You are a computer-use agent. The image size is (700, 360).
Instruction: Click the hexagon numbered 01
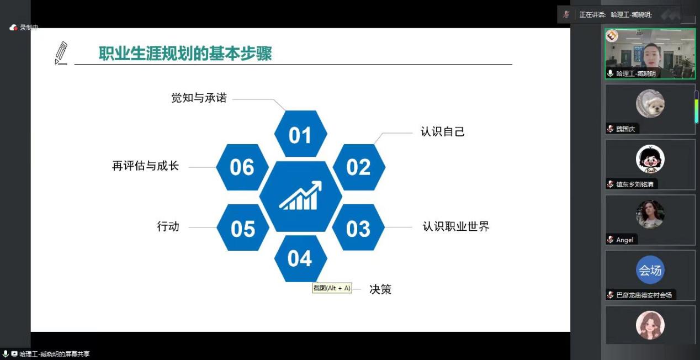301,134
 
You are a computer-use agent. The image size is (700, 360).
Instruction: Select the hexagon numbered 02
359,167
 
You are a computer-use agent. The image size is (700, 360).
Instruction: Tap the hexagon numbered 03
358,227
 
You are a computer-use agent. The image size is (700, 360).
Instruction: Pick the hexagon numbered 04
301,258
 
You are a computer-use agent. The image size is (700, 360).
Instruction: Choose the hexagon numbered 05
243,227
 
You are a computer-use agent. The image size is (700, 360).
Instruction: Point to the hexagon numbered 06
242,167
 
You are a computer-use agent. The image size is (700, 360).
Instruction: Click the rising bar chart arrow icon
300,195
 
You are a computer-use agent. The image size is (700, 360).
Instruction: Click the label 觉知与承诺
199,98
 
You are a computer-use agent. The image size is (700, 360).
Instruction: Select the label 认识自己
443,131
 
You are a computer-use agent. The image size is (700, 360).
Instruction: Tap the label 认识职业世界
456,226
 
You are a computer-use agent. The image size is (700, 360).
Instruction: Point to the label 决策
380,289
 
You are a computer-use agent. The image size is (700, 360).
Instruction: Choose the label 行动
168,226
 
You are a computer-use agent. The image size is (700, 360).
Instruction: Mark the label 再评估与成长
145,166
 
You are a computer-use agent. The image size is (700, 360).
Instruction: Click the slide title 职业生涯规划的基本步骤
185,54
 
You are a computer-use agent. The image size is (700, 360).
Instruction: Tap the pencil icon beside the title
61,53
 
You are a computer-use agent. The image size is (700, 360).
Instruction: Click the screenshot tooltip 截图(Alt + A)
332,288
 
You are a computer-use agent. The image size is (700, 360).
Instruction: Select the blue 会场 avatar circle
650,270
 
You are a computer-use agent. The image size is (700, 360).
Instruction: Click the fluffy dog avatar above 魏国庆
650,104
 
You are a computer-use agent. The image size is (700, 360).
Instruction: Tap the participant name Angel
625,240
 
